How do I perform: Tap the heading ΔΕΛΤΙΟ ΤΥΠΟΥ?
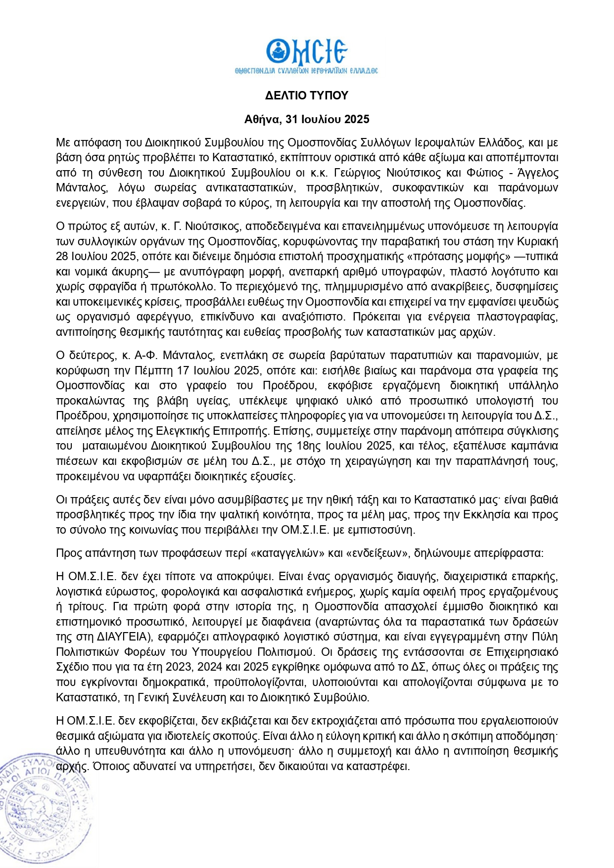click(307, 95)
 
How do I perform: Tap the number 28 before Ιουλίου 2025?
click(62, 256)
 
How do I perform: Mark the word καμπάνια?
click(536, 446)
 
